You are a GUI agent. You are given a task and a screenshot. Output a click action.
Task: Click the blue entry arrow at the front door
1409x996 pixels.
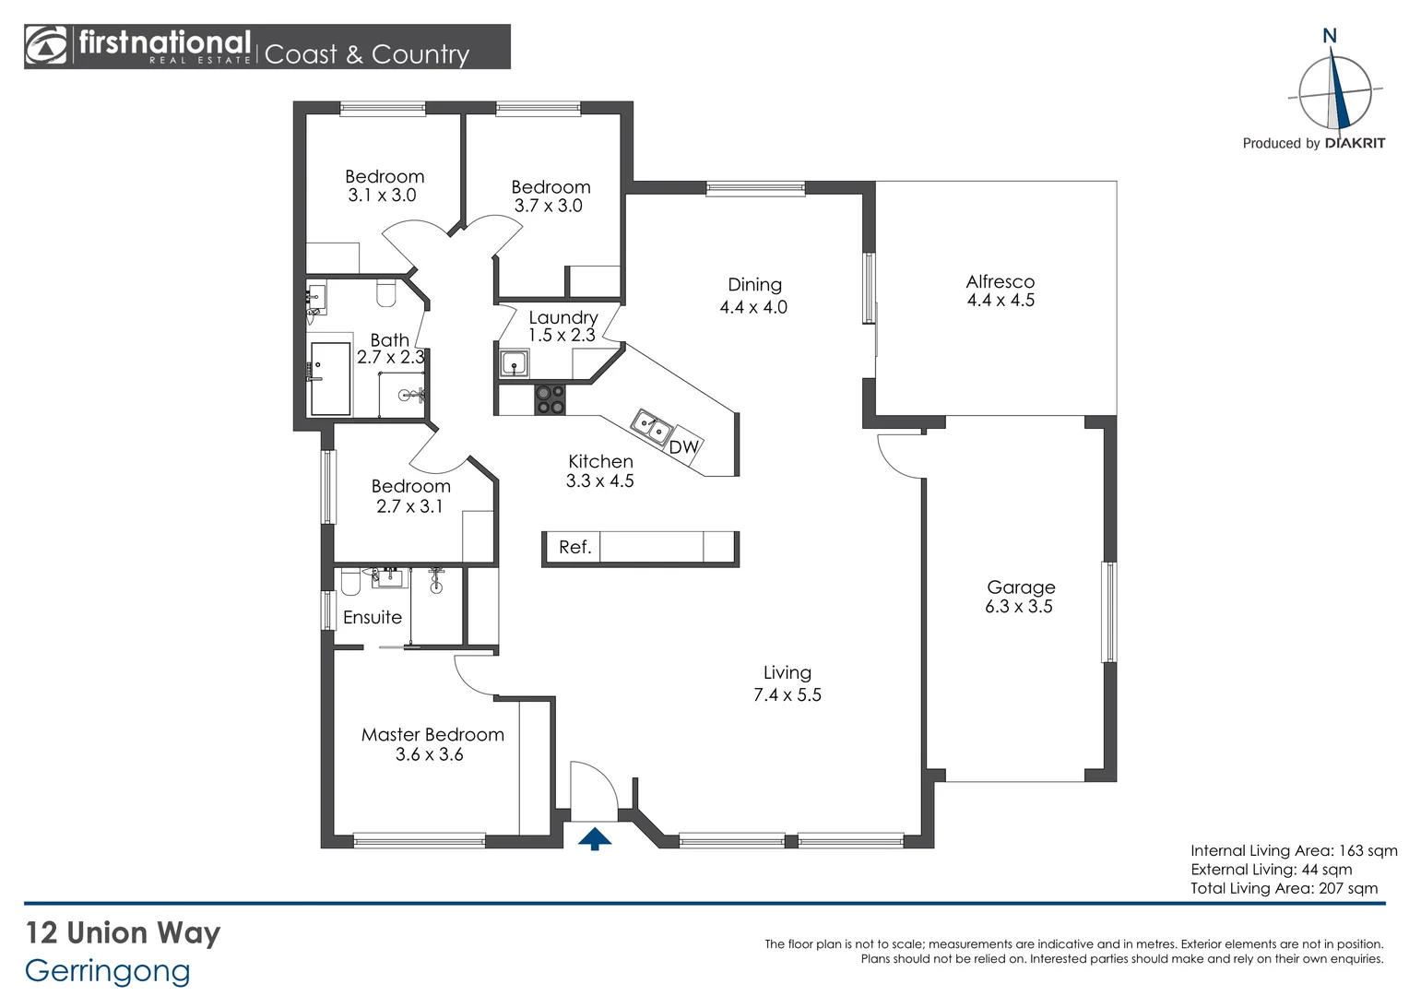595,838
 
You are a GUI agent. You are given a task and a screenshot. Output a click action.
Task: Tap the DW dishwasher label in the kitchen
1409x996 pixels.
683,447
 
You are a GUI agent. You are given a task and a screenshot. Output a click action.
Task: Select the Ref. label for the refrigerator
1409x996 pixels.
574,547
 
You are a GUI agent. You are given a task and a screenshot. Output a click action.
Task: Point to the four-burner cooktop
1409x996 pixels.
551,400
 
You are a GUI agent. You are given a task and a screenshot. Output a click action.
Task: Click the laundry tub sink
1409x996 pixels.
515,363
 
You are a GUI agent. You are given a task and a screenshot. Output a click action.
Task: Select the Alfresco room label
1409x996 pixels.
1001,281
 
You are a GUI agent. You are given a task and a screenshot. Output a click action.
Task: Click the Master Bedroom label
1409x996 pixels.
432,735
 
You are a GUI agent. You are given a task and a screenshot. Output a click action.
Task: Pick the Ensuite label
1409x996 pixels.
373,617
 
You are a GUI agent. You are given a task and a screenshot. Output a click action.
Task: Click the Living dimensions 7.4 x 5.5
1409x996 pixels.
787,695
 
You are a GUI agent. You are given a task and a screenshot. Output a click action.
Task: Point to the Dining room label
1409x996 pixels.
754,285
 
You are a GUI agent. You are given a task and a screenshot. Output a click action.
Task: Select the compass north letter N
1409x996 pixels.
1329,36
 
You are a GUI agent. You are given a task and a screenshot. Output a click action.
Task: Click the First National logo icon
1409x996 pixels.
46,46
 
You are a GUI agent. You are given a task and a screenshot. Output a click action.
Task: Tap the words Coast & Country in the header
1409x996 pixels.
367,54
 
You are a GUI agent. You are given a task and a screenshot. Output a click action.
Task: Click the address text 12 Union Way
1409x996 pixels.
123,932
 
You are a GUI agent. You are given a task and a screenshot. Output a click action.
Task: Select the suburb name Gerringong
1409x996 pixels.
108,970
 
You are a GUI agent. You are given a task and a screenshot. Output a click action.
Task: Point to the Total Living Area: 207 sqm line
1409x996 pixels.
1284,888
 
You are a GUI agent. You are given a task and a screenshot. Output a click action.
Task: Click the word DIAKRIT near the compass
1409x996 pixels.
1354,143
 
